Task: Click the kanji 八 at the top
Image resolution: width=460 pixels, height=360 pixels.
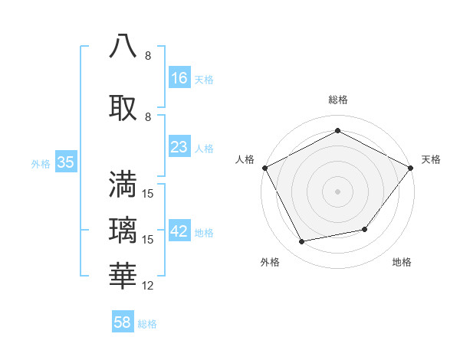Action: tap(123, 45)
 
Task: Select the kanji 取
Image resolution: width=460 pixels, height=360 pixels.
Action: tap(123, 106)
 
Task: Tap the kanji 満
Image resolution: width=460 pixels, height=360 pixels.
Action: tap(123, 184)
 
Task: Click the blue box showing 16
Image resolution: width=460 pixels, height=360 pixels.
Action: tap(179, 77)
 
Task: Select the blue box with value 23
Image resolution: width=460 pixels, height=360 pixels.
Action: tap(179, 147)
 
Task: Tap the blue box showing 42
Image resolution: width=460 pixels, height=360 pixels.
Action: tap(179, 231)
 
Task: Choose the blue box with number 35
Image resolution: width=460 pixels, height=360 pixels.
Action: tap(65, 162)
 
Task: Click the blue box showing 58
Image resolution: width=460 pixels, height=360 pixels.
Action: tap(123, 322)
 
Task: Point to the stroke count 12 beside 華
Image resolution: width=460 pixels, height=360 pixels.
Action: tap(148, 286)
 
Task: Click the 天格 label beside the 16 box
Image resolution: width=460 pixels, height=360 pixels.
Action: tap(204, 79)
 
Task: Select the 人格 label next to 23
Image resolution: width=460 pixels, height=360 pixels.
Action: tap(204, 149)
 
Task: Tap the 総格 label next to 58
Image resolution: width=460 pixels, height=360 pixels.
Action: tap(147, 324)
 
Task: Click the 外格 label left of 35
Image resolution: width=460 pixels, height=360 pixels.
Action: tap(41, 163)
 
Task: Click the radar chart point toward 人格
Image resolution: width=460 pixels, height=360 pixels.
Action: tap(264, 167)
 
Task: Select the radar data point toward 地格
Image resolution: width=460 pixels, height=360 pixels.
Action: tap(365, 229)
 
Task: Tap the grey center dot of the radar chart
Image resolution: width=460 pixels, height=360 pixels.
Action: tap(337, 191)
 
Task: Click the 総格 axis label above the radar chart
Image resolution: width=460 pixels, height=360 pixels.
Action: tap(337, 100)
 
